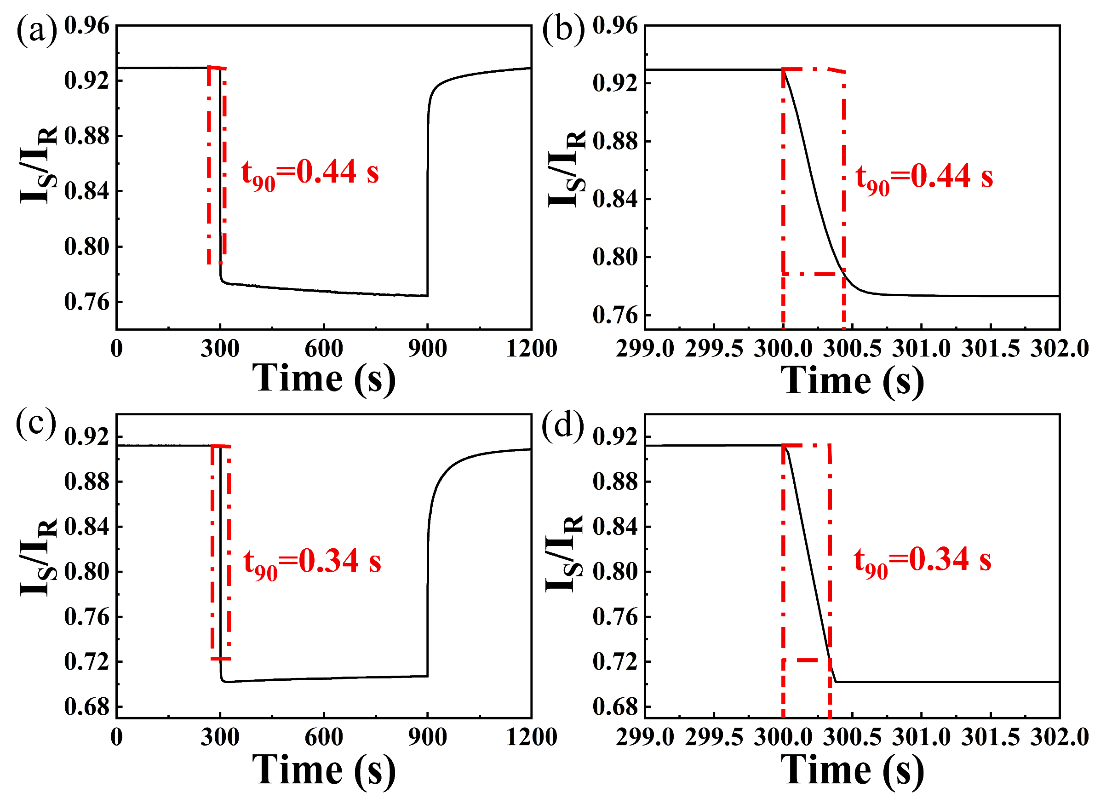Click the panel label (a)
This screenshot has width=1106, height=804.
tap(37, 30)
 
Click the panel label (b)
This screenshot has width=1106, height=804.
tap(563, 30)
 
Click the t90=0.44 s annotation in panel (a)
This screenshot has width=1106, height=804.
tap(309, 173)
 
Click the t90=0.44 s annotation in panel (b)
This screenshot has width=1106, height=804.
tap(923, 178)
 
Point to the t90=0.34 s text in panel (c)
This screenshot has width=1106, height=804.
tap(312, 563)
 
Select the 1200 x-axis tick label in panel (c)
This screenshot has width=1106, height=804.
tap(531, 737)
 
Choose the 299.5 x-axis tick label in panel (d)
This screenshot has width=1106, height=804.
tap(713, 737)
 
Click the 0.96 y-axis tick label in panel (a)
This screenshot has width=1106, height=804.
tap(87, 25)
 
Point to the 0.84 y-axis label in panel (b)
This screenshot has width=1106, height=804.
tap(615, 200)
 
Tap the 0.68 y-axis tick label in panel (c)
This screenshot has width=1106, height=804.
tap(87, 707)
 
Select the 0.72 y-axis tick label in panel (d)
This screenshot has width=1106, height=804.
tap(615, 662)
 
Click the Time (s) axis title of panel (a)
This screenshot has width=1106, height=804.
tap(323, 379)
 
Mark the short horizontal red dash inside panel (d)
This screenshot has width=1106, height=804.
tap(807, 660)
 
